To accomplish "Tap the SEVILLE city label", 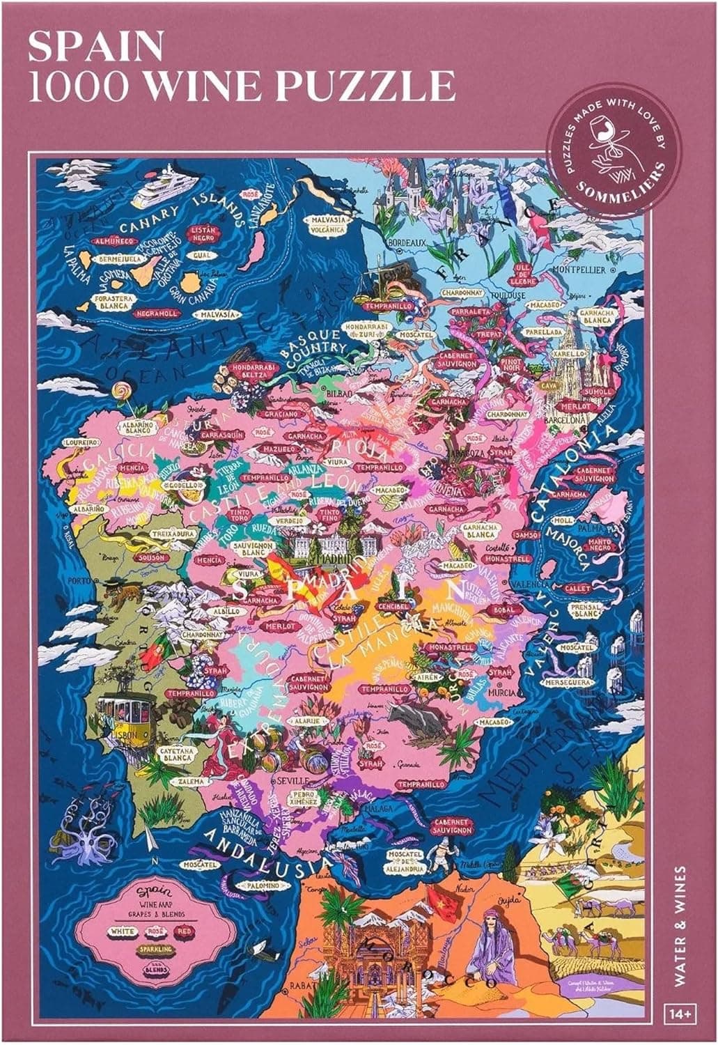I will point(294,781).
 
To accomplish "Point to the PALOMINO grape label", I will point(267,885).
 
